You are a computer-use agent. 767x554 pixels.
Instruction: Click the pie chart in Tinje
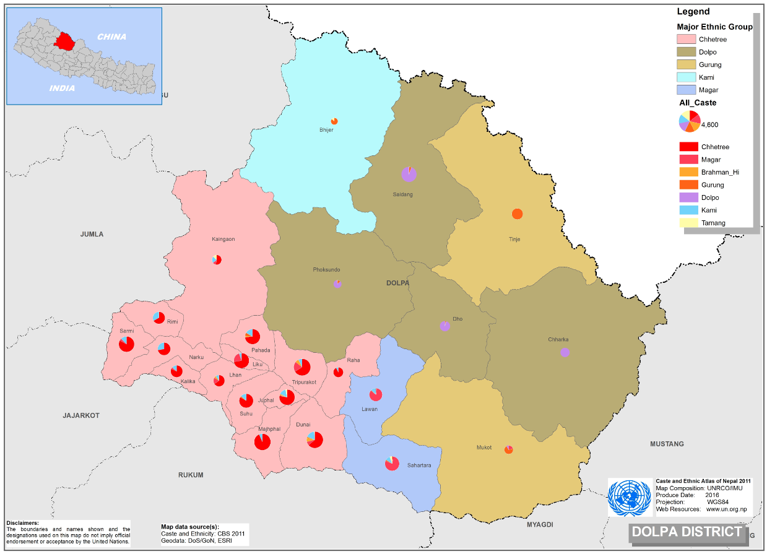pyautogui.click(x=517, y=214)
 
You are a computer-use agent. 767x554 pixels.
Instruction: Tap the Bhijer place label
pyautogui.click(x=326, y=130)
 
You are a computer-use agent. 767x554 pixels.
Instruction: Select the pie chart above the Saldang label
pyautogui.click(x=409, y=175)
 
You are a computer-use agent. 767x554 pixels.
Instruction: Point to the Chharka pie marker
pyautogui.click(x=565, y=352)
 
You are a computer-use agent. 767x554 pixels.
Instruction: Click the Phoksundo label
pyautogui.click(x=326, y=270)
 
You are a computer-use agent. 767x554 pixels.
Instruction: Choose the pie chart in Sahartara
pyautogui.click(x=392, y=463)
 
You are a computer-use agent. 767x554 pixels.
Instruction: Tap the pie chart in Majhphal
pyautogui.click(x=262, y=442)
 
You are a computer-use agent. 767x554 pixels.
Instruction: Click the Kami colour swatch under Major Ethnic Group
pyautogui.click(x=687, y=77)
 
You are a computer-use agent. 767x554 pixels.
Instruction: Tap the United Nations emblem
pyautogui.click(x=630, y=498)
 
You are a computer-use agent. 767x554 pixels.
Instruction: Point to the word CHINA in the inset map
pyautogui.click(x=111, y=37)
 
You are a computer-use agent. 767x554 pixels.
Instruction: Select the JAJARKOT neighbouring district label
pyautogui.click(x=81, y=415)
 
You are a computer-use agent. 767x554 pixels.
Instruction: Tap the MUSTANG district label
pyautogui.click(x=667, y=444)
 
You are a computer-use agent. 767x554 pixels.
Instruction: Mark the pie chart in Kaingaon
pyautogui.click(x=216, y=259)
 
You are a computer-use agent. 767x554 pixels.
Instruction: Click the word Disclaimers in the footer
pyautogui.click(x=22, y=523)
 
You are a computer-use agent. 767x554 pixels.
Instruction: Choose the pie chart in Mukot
pyautogui.click(x=508, y=449)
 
